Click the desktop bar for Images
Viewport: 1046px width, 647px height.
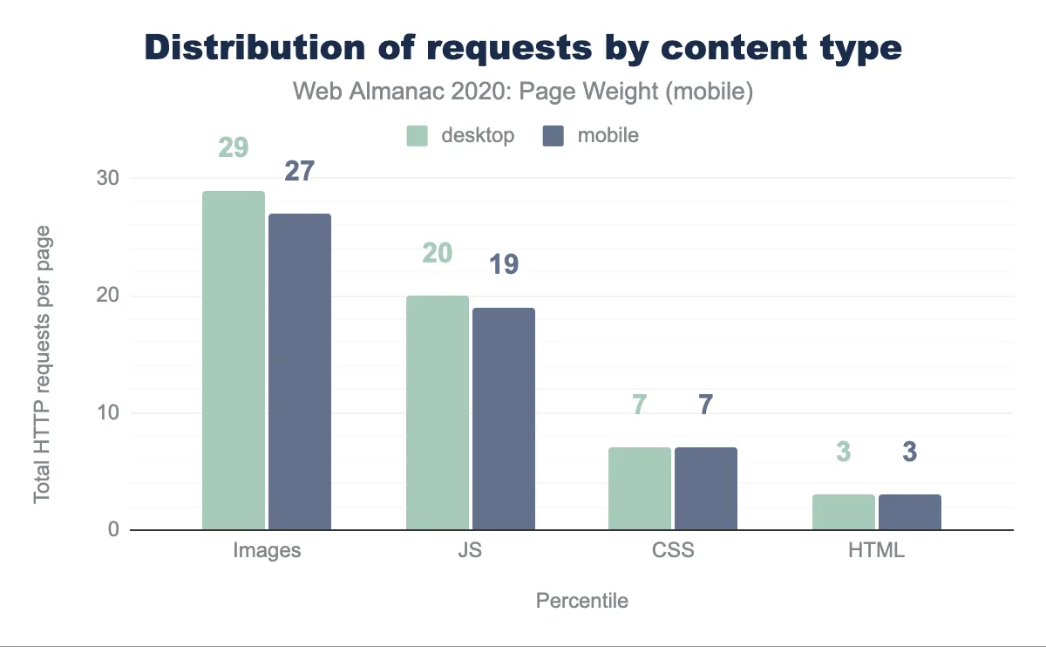point(233,360)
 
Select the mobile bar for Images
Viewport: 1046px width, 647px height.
point(300,371)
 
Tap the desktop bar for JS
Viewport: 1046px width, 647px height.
point(437,412)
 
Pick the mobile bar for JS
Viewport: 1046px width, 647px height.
point(504,419)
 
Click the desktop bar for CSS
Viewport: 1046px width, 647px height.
point(640,488)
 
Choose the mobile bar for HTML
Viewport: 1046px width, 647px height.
point(910,512)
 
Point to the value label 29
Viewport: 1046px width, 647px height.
point(233,147)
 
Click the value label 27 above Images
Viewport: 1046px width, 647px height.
point(300,171)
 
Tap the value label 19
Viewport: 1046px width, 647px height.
point(504,265)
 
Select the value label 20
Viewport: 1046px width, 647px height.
point(437,253)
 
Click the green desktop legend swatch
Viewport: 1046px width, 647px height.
point(418,136)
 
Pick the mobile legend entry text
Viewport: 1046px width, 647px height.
point(608,136)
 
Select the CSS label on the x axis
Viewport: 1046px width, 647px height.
point(673,551)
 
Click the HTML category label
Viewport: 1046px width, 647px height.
point(877,551)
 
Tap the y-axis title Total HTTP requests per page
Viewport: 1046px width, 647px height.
point(42,364)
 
